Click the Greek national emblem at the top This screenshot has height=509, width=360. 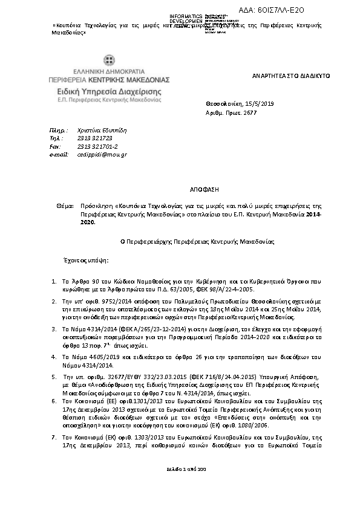tap(110, 60)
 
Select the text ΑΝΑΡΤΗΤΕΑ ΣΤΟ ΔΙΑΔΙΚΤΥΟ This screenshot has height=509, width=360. tap(290, 77)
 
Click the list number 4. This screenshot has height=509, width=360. tap(54, 357)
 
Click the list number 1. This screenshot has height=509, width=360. tap(54, 282)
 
